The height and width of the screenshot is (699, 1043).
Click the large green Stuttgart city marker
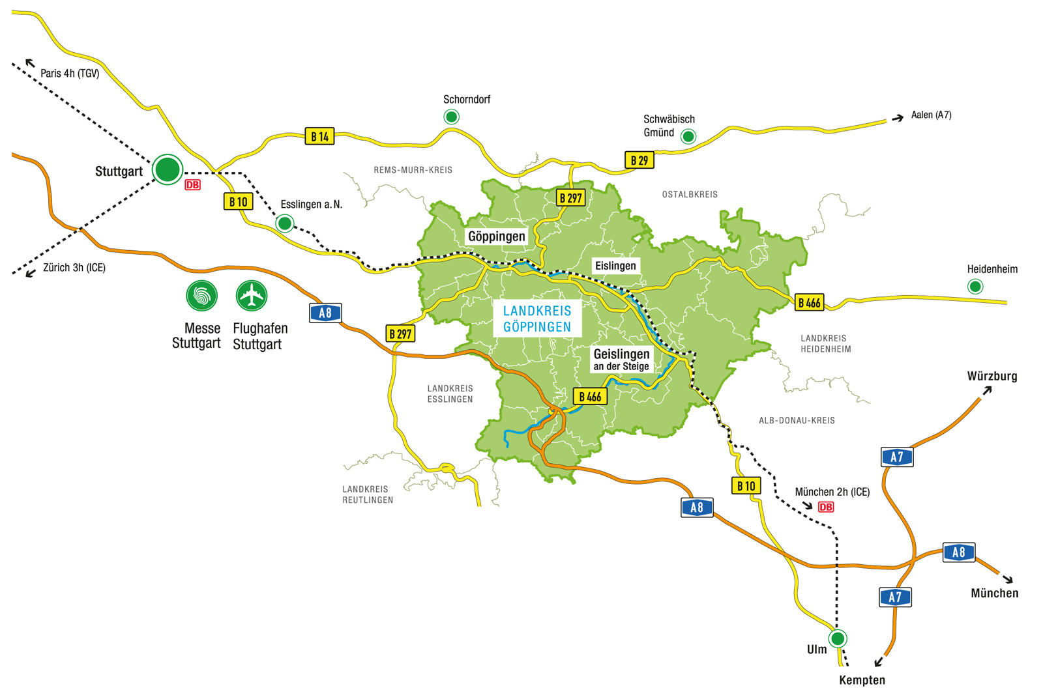click(x=168, y=169)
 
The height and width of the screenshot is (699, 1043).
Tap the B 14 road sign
click(x=319, y=136)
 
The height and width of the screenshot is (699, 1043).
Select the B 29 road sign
click(x=639, y=160)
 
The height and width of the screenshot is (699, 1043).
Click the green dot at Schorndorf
click(x=451, y=117)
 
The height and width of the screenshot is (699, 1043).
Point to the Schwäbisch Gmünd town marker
click(x=688, y=136)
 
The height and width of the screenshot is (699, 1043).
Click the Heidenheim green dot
click(x=975, y=286)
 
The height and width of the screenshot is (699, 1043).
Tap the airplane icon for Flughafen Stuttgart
click(x=252, y=296)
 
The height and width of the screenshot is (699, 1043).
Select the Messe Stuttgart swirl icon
click(x=201, y=296)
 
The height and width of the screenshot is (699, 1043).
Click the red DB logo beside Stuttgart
click(x=192, y=185)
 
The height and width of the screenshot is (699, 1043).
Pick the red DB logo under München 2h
click(x=825, y=507)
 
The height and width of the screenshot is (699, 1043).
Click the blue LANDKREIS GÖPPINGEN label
click(x=537, y=319)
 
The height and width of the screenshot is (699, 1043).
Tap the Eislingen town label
click(x=615, y=266)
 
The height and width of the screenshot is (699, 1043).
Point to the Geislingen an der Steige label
click(x=621, y=359)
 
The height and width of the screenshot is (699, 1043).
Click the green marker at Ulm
click(x=838, y=638)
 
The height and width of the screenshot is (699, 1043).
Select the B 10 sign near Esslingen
click(x=238, y=201)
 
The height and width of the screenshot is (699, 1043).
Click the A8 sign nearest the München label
click(x=958, y=552)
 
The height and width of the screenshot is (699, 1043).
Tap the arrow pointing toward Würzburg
click(x=987, y=390)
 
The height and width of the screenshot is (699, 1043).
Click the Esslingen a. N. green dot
click(x=284, y=223)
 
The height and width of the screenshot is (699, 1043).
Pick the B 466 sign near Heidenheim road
click(x=809, y=302)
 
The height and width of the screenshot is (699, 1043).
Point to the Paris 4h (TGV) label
click(x=70, y=74)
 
